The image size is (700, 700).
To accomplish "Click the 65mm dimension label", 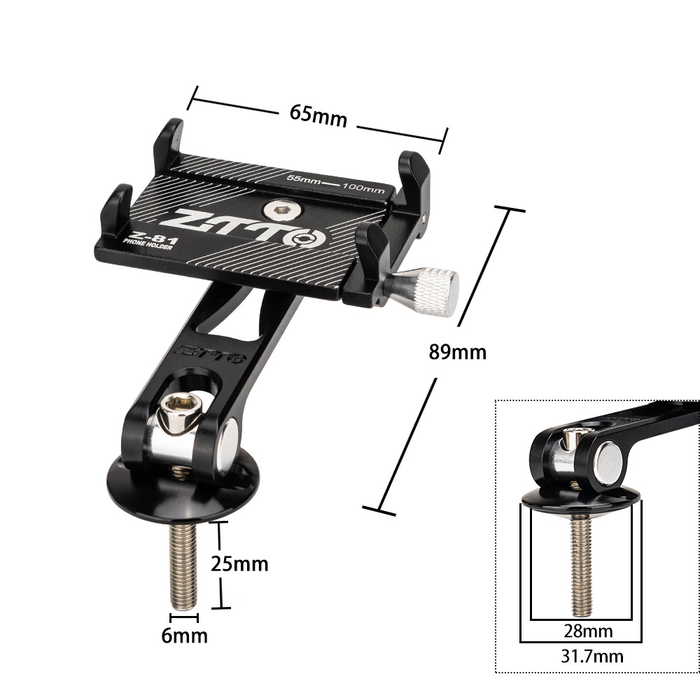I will [318, 115].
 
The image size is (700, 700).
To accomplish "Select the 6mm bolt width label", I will [185, 636].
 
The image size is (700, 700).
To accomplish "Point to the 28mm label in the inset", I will [588, 631].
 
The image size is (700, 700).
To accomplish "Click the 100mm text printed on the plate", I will [362, 188].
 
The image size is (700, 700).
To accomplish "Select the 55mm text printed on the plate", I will [304, 179].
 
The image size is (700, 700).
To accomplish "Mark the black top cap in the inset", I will [580, 498].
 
